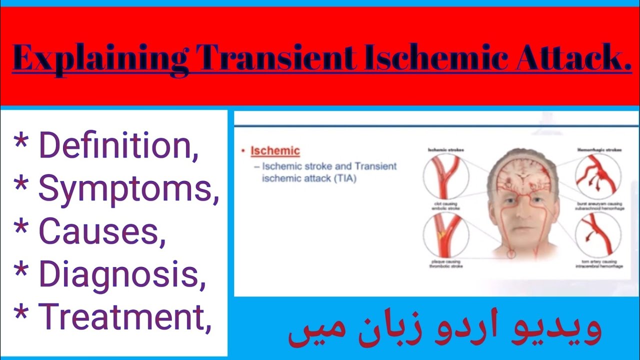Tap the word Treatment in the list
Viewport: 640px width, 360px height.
coord(125,317)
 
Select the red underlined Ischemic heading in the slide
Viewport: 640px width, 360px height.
coord(275,150)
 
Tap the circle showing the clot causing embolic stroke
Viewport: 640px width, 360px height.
coord(446,176)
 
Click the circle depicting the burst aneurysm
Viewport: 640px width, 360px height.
coord(598,176)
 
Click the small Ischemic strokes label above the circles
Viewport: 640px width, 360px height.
coord(445,149)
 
